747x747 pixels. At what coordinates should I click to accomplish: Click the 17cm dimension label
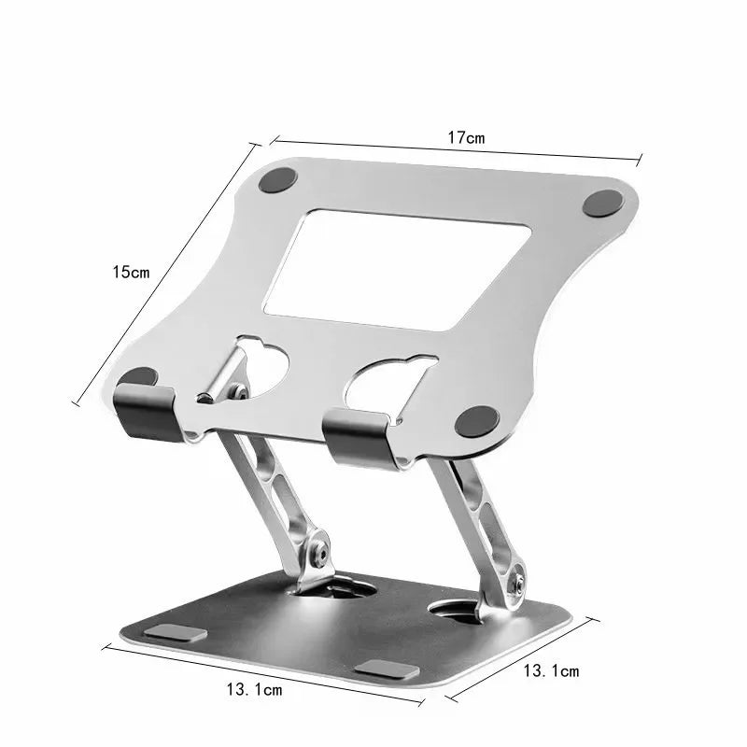465,137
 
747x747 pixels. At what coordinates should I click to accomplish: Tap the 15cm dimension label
130,273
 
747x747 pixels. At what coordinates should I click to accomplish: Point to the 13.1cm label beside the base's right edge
551,670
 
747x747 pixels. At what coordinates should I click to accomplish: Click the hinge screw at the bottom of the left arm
321,552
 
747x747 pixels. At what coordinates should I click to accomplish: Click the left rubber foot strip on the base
177,634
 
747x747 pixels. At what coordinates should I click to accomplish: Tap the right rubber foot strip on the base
385,669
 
